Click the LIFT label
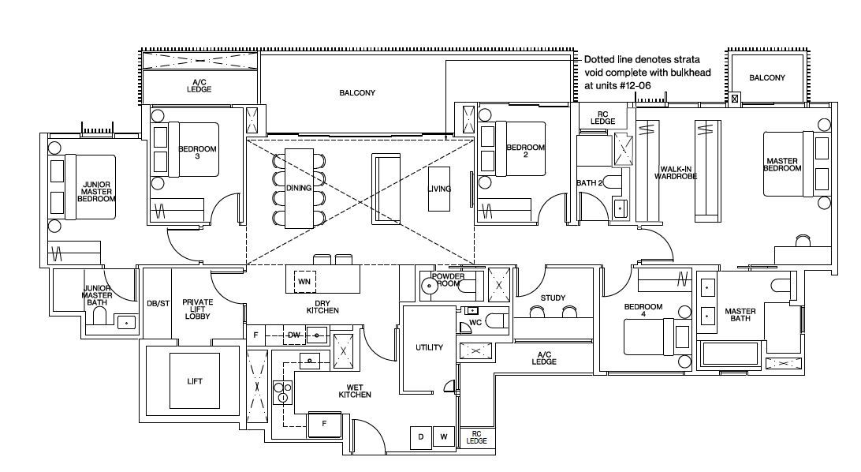pyautogui.click(x=195, y=381)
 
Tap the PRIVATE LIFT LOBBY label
pyautogui.click(x=198, y=309)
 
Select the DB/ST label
pyautogui.click(x=158, y=303)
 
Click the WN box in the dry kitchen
pyautogui.click(x=304, y=281)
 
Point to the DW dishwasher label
pyautogui.click(x=294, y=335)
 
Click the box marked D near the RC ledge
pyautogui.click(x=421, y=437)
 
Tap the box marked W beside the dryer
pyautogui.click(x=444, y=437)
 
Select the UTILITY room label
pyautogui.click(x=430, y=347)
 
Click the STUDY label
pyautogui.click(x=553, y=298)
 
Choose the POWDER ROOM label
pyautogui.click(x=448, y=279)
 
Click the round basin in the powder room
pyautogui.click(x=430, y=285)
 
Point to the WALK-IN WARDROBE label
pyautogui.click(x=676, y=173)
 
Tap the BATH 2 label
pyautogui.click(x=589, y=182)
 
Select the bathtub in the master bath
pyautogui.click(x=730, y=354)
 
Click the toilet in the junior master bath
pyautogui.click(x=99, y=317)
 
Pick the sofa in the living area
pyautogui.click(x=386, y=189)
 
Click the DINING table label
pyautogui.click(x=299, y=188)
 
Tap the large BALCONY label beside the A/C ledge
pyautogui.click(x=357, y=93)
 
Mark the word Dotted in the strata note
pyautogui.click(x=598, y=59)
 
